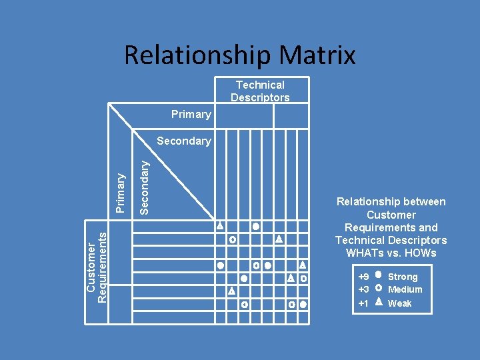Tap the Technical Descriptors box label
tap(260, 91)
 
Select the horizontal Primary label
tap(191, 114)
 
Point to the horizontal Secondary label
tap(183, 141)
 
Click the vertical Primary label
tap(121, 193)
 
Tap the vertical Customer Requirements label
tap(97, 264)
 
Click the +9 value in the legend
tap(363, 277)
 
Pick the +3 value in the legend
tap(363, 289)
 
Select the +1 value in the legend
tap(363, 303)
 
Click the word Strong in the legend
tap(403, 277)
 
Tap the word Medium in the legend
tap(405, 289)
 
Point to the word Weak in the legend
tap(400, 303)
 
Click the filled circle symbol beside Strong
tap(378, 274)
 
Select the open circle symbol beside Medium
tap(378, 288)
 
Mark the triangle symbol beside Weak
tap(378, 301)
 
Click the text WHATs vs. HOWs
tap(391, 253)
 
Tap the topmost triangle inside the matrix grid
tap(219, 226)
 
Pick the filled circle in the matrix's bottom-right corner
tap(303, 305)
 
